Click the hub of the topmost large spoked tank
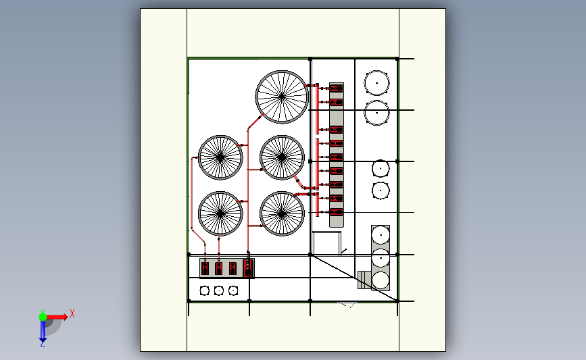point(282,97)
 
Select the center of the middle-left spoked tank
point(220,158)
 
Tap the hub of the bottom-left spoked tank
point(220,213)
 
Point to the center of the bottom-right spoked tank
point(282,213)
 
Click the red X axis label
point(72,313)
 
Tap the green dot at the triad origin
point(43,315)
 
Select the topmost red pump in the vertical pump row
point(336,88)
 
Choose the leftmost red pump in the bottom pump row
point(205,268)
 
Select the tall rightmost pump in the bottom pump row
point(248,267)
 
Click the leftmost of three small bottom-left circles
point(205,290)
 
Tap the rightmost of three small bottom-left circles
point(233,290)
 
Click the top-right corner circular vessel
point(376,83)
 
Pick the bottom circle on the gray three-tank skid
point(381,280)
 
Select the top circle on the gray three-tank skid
point(381,235)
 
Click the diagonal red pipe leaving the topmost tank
point(254,122)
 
